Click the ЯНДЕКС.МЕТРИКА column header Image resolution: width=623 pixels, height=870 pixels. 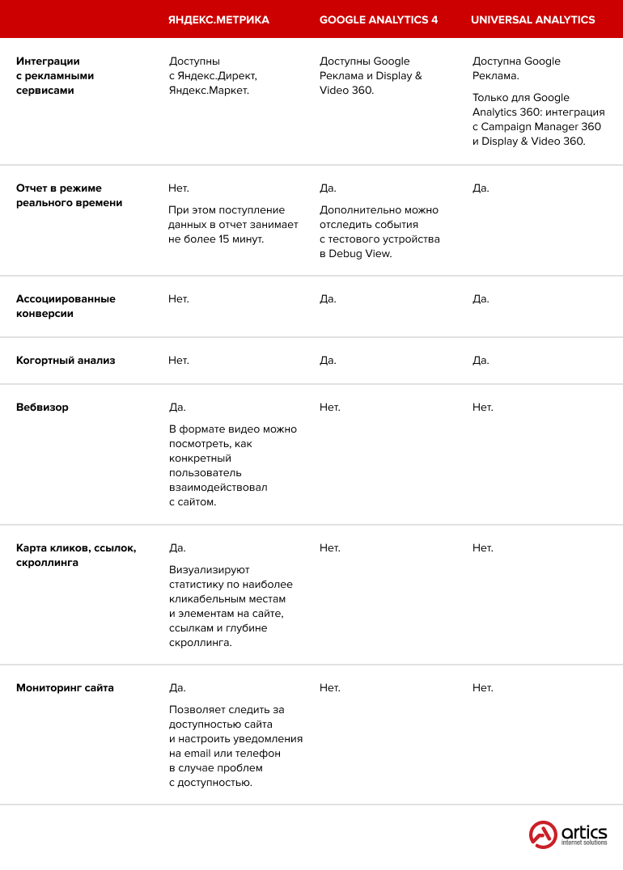point(218,19)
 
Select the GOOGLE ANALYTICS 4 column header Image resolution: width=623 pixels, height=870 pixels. point(379,19)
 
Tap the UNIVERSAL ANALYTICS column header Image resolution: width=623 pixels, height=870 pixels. point(532,19)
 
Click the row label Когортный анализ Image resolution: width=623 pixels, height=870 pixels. point(66,361)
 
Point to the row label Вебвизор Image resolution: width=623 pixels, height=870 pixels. point(42,408)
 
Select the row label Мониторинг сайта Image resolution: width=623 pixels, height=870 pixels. point(65,688)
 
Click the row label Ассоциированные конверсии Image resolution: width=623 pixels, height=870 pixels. point(66,306)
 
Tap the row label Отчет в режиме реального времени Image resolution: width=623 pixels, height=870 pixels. point(70,196)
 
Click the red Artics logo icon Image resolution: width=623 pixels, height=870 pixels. point(543,834)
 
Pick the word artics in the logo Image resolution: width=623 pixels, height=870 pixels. point(584,832)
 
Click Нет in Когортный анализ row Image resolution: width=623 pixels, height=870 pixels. point(178,361)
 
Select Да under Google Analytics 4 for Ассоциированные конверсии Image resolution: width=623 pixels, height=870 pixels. point(328,299)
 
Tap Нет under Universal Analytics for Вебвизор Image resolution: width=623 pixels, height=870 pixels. point(482,408)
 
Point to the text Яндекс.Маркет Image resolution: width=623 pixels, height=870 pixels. point(209,91)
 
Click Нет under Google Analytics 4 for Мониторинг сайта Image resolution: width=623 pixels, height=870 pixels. point(329,688)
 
